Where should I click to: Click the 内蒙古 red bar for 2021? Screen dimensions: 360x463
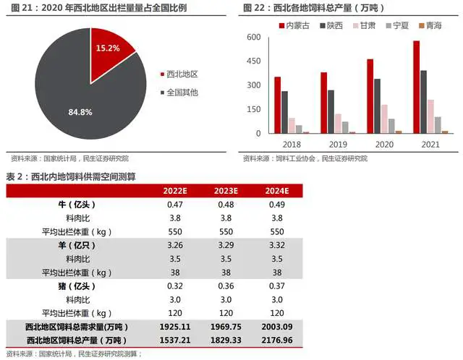click(416, 87)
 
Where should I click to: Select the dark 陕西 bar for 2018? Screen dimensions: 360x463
click(285, 112)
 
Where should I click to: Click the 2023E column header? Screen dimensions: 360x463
click(226, 191)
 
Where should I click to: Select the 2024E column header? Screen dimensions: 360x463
click(277, 191)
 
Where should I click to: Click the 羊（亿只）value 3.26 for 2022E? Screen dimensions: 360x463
click(175, 246)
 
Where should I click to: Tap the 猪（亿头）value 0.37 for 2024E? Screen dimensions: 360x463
click(277, 286)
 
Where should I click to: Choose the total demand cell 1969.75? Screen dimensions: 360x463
click(226, 327)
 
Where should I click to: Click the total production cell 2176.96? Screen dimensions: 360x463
click(277, 340)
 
